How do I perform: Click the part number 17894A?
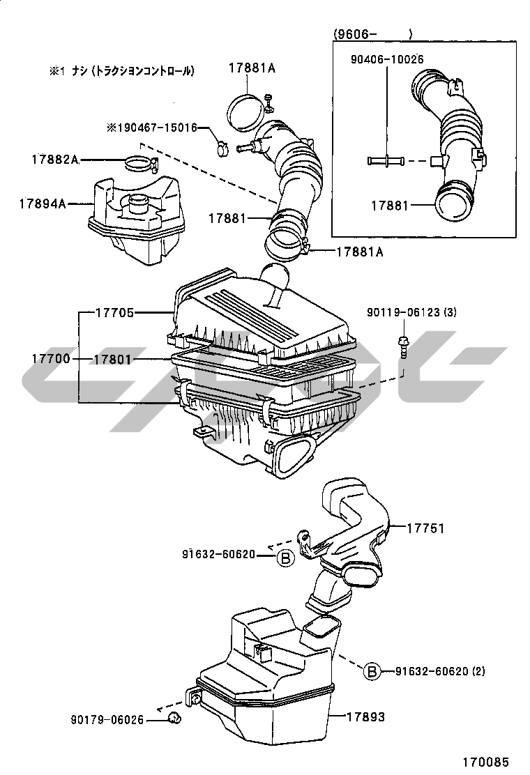coord(42,204)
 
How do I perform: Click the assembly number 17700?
coord(50,360)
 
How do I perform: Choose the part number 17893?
coord(365,716)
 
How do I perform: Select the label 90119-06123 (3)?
coord(411,313)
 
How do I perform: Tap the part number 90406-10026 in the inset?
coord(386,60)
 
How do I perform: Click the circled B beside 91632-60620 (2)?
coord(372,671)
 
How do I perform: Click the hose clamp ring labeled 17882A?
coord(139,165)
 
